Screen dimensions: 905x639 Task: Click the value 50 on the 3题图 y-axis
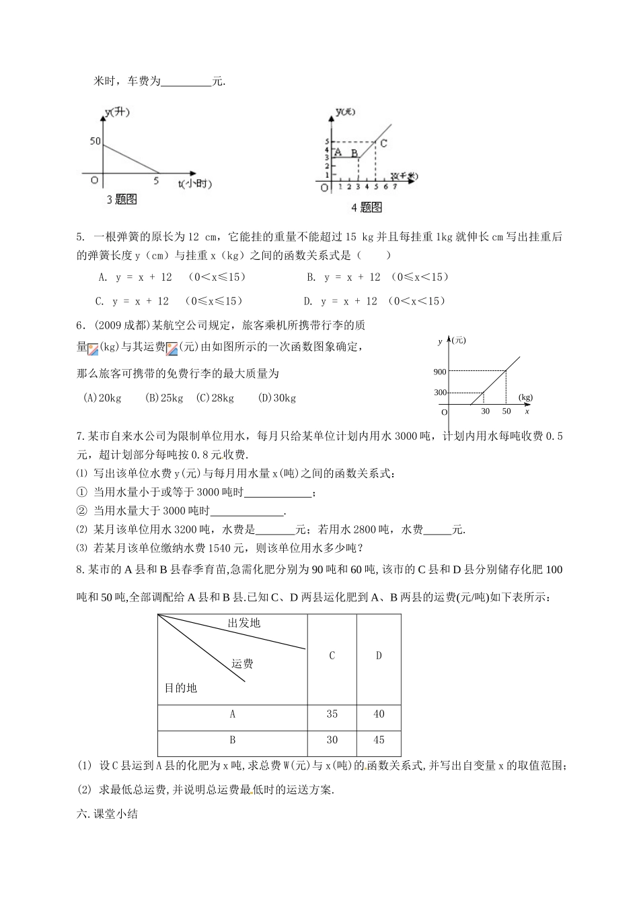tap(94, 141)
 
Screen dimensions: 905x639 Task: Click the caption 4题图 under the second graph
tap(367, 207)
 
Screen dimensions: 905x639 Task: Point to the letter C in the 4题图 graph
tap(383, 143)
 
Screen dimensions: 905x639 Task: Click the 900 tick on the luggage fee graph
tap(440, 372)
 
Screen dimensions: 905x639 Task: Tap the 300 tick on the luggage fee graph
tap(440, 393)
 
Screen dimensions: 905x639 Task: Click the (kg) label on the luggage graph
tap(525, 397)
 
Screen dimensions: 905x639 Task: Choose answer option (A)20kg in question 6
tap(102, 398)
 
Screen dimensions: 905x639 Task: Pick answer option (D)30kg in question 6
tap(276, 398)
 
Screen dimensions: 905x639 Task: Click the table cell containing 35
tap(332, 714)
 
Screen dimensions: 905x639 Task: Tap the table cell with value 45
tap(379, 739)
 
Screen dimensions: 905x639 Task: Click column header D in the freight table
tap(379, 655)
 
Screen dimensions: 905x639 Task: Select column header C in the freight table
tap(332, 655)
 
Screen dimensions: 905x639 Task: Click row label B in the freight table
tap(233, 739)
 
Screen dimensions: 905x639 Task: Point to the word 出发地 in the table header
tap(244, 623)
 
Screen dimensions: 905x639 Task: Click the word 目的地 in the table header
tap(181, 688)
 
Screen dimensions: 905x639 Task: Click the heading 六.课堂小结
tap(108, 813)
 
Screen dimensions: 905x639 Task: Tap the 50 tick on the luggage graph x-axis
tap(506, 411)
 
